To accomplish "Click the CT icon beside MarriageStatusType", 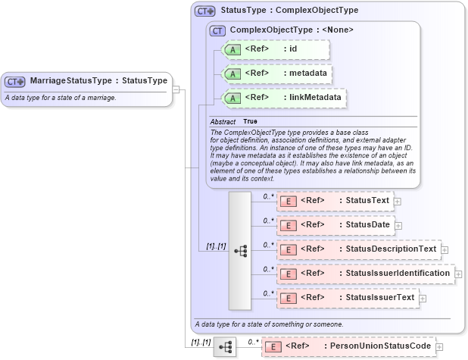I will point(15,81).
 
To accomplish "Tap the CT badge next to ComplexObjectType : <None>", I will point(217,30).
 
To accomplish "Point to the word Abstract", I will point(223,122).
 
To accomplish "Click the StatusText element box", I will point(334,201).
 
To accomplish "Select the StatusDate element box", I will point(334,225).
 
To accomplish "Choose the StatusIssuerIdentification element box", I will point(364,273).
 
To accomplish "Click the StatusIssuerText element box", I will point(347,297).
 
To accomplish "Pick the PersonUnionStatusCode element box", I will point(348,346).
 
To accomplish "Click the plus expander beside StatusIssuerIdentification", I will point(458,274).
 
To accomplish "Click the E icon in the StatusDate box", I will point(289,225).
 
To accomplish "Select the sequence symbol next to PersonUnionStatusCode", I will point(225,347).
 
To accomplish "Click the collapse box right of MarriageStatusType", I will point(176,89).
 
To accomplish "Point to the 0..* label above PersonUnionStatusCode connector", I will point(253,342).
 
